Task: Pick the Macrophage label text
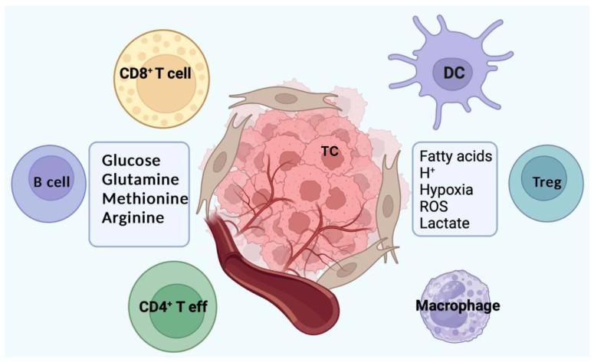pos(458,306)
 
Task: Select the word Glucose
pos(131,161)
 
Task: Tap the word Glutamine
pos(140,179)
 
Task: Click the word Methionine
pos(144,197)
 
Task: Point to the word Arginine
pos(134,217)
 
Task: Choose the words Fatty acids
pos(456,156)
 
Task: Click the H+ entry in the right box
pos(428,173)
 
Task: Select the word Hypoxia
pos(446,190)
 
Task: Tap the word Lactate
pos(445,223)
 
